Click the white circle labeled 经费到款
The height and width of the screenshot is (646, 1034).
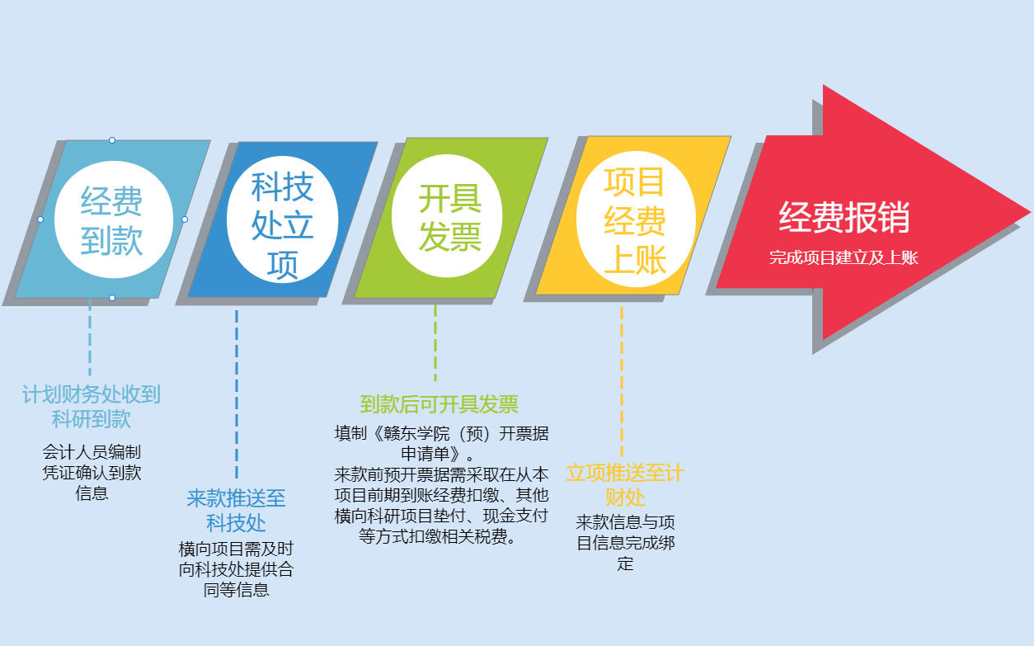pyautogui.click(x=114, y=219)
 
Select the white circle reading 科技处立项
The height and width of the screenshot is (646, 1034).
pyautogui.click(x=282, y=219)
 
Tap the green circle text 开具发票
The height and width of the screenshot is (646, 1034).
pyautogui.click(x=450, y=218)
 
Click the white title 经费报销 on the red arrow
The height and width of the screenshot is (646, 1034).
pyautogui.click(x=844, y=217)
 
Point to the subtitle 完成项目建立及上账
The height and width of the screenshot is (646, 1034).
pyautogui.click(x=844, y=257)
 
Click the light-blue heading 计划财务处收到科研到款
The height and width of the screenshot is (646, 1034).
pyautogui.click(x=92, y=407)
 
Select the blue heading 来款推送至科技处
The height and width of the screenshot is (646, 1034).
pyautogui.click(x=236, y=511)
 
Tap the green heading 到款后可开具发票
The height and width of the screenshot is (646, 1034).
pyautogui.click(x=439, y=404)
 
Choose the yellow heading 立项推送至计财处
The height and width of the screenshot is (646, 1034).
pyautogui.click(x=625, y=485)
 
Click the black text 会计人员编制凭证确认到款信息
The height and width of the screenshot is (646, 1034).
pyautogui.click(x=92, y=473)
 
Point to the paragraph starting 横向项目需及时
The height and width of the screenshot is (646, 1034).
pyautogui.click(x=236, y=569)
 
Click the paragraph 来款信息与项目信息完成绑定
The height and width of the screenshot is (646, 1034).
pyautogui.click(x=626, y=543)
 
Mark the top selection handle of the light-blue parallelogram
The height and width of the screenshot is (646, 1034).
pyautogui.click(x=112, y=140)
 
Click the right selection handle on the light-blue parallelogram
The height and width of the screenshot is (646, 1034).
pyautogui.click(x=185, y=219)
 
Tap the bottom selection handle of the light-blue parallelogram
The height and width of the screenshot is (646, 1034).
pyautogui.click(x=112, y=298)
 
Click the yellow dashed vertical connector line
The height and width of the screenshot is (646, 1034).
pyautogui.click(x=622, y=381)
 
